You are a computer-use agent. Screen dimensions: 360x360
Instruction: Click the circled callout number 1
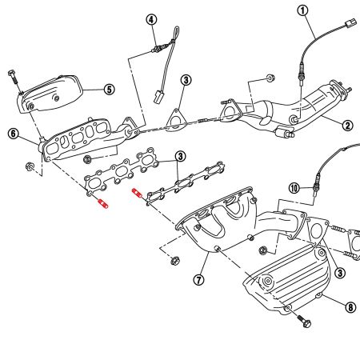[302, 10]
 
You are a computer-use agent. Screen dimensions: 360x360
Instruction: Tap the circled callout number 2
[348, 125]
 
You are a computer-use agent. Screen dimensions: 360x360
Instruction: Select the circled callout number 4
[151, 19]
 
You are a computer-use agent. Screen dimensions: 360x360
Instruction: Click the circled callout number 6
[13, 134]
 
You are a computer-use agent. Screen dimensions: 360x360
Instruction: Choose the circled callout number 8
[350, 306]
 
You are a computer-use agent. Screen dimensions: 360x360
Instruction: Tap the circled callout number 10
[294, 189]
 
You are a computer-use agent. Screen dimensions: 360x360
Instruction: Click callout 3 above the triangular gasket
[185, 80]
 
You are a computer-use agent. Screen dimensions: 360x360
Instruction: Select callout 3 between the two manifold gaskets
[181, 156]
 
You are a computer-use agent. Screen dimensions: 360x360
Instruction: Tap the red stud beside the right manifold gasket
[137, 192]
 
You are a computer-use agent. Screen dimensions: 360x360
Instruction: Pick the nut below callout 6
[29, 167]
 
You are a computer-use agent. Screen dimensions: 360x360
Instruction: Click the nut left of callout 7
[174, 261]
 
